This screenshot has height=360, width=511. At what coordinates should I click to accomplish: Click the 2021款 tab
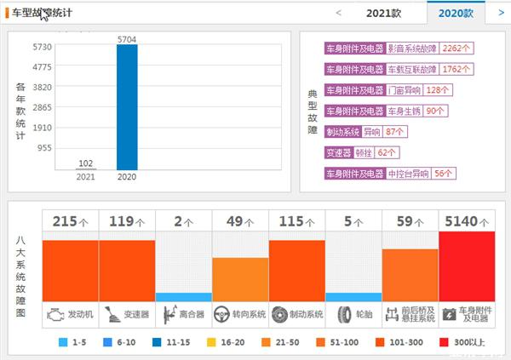click(383, 13)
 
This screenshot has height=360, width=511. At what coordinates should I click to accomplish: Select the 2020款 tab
click(456, 13)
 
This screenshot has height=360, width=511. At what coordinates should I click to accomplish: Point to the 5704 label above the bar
click(127, 38)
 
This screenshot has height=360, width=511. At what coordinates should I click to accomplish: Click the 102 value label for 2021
click(85, 163)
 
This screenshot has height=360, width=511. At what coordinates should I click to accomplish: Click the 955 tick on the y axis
click(43, 148)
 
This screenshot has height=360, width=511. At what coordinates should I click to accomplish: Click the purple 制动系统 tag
click(343, 132)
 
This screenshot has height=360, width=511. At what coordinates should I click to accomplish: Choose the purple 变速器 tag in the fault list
click(337, 153)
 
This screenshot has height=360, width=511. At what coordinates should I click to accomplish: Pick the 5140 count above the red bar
click(462, 221)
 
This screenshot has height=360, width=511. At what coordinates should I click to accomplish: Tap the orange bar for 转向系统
click(240, 279)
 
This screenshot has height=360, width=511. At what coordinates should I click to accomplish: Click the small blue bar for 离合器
click(183, 297)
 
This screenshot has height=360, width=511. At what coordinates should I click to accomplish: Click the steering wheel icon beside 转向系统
click(222, 314)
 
